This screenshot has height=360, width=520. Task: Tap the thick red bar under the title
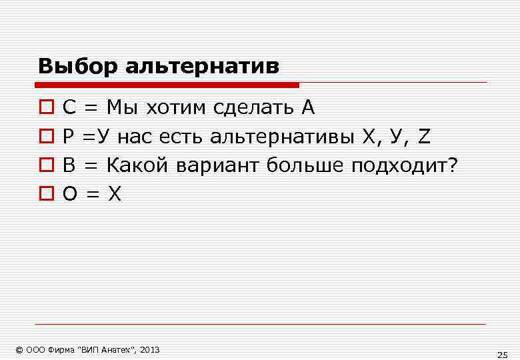pyautogui.click(x=167, y=85)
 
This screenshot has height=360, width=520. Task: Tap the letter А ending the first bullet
pyautogui.click(x=307, y=107)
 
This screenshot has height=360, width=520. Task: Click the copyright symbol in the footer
pyautogui.click(x=19, y=350)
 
